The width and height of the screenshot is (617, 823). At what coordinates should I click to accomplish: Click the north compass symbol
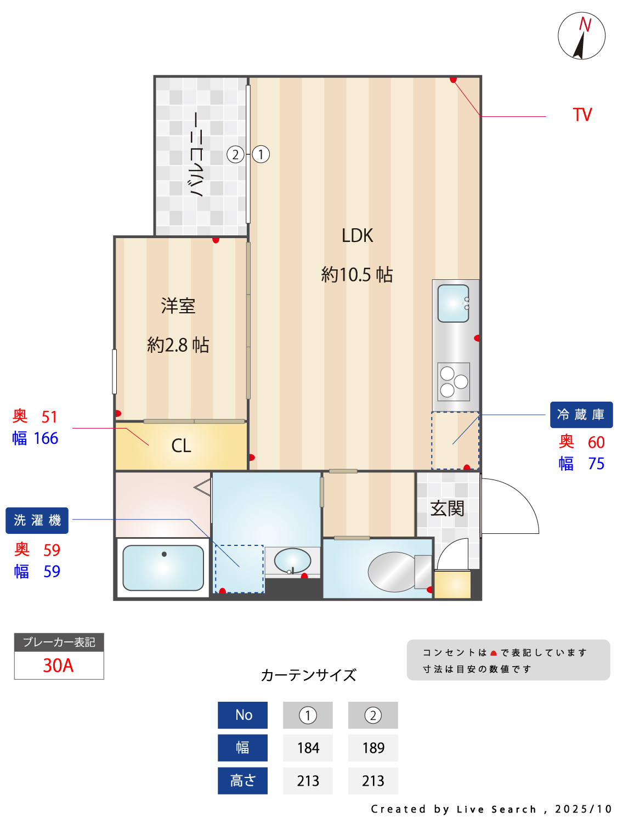(581, 36)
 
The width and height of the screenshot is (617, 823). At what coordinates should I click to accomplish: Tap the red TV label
(582, 115)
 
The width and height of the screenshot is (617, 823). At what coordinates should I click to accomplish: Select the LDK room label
(357, 236)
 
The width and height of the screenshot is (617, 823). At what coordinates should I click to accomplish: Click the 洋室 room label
(178, 306)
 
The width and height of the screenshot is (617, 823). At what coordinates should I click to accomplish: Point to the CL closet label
(181, 446)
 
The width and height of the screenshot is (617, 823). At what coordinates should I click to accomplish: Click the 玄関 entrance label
(447, 509)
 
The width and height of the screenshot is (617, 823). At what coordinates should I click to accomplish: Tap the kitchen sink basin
(453, 303)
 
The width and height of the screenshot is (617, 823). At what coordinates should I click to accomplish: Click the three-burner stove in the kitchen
(454, 381)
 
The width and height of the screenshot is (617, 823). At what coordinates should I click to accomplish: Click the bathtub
(163, 567)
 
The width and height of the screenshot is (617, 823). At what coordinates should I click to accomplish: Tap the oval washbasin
(292, 560)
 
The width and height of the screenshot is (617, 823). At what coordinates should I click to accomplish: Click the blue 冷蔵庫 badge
(581, 415)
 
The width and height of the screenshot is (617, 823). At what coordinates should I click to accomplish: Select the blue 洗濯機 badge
(37, 520)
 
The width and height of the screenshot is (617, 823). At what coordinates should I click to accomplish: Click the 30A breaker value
(58, 666)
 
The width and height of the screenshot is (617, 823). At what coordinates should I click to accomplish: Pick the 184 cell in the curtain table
(308, 748)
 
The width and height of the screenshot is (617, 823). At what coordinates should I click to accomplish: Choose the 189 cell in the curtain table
(373, 748)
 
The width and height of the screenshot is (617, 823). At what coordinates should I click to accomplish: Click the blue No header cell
(243, 715)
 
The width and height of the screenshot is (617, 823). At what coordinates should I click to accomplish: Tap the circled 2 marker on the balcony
(235, 155)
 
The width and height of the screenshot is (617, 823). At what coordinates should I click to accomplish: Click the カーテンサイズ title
(308, 675)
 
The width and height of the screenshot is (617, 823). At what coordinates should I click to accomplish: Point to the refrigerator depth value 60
(596, 442)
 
